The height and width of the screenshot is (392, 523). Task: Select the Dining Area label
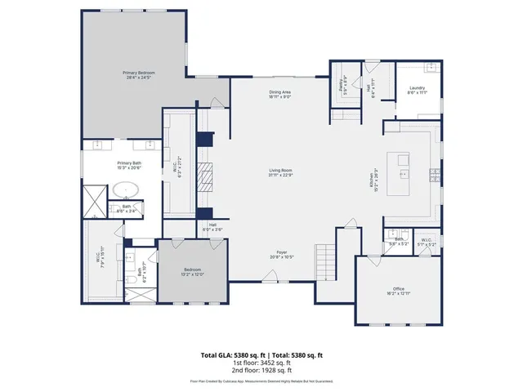coord(280,94)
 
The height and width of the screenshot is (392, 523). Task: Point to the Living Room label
coord(280,172)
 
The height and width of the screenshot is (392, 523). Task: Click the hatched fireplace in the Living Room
coord(208,175)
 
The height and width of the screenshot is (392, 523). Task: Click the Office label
coord(398,292)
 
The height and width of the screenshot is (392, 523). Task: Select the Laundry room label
coord(417,91)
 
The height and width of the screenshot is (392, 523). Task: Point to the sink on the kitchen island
coord(403,173)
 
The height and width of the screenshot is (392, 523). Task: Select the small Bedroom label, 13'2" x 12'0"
coord(192,271)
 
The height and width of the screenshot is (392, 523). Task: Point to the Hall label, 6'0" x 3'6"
coord(212,228)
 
